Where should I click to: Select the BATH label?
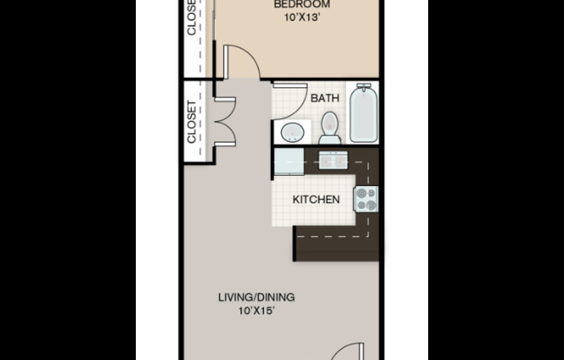pos(325,99)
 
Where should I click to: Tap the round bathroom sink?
pos(292,132)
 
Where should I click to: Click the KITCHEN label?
pos(316,200)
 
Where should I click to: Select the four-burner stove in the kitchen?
pos(366,200)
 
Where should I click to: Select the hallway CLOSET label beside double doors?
pos(192,122)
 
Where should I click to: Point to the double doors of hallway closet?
pos(221,121)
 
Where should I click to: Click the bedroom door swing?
pos(240,62)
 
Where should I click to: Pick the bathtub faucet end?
pos(364,89)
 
